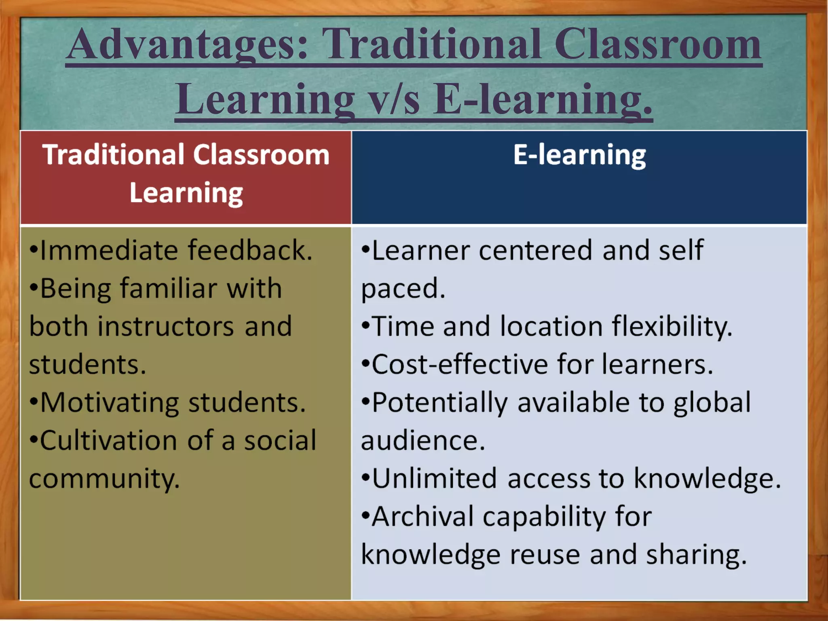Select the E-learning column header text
tap(579, 155)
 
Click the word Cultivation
tap(109, 440)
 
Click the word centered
tap(536, 250)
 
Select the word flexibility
tap(672, 327)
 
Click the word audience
tap(422, 441)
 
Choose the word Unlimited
tap(434, 479)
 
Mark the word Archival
tap(423, 517)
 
